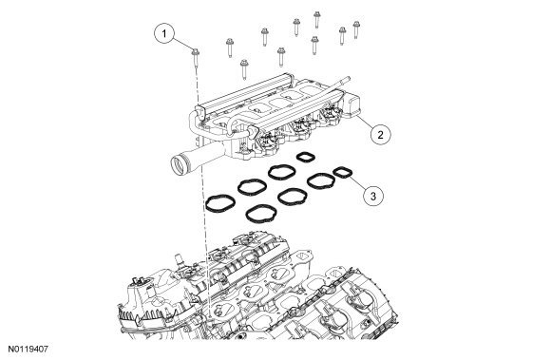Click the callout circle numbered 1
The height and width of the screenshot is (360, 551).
click(163, 33)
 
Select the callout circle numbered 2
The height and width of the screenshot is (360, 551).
click(380, 135)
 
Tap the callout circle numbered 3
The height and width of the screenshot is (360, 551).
click(373, 196)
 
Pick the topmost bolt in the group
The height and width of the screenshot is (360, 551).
click(316, 19)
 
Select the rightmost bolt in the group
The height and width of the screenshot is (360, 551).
click(356, 29)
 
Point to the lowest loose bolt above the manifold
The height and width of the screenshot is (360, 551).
click(244, 68)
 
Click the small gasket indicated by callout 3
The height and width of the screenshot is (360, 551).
click(343, 173)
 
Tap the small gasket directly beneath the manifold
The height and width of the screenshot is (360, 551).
click(306, 157)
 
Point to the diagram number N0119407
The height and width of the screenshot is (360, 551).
click(28, 350)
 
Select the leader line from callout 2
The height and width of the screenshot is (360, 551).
click(364, 123)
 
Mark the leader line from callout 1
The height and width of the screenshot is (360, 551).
click(182, 45)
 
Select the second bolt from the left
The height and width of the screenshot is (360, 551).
click(230, 47)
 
